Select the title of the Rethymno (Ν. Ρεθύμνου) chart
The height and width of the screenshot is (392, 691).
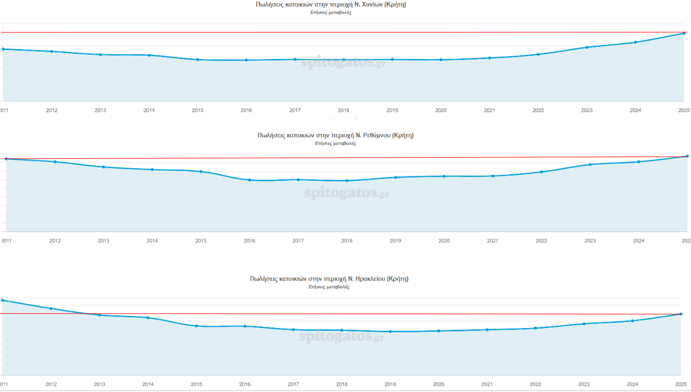point(336,135)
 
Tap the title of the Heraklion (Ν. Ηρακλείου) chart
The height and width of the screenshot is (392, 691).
point(329,279)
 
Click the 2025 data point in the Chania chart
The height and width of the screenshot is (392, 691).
point(684,33)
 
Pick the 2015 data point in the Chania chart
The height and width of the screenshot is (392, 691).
point(198,60)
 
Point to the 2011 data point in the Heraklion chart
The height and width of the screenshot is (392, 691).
point(3,300)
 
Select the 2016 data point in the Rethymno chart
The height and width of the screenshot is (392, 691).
point(249,180)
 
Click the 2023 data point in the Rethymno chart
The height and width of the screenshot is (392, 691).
point(590,164)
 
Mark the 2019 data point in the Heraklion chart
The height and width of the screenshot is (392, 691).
point(390,331)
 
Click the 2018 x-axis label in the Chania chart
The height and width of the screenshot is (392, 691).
point(343,110)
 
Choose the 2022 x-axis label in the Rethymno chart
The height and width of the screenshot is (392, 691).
point(541,241)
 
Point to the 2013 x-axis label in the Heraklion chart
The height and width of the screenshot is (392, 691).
point(100,384)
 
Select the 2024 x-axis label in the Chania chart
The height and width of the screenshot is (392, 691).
point(635,110)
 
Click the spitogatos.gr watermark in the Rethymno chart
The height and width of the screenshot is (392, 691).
point(347,194)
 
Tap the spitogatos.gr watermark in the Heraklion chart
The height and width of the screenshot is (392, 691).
point(341,336)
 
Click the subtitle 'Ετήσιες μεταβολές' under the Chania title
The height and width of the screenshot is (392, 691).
point(331,13)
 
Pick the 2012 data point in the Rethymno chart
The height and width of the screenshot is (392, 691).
point(55,162)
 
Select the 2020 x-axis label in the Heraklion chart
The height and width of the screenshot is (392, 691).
point(439,384)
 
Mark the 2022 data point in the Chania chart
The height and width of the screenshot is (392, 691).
point(538,54)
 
